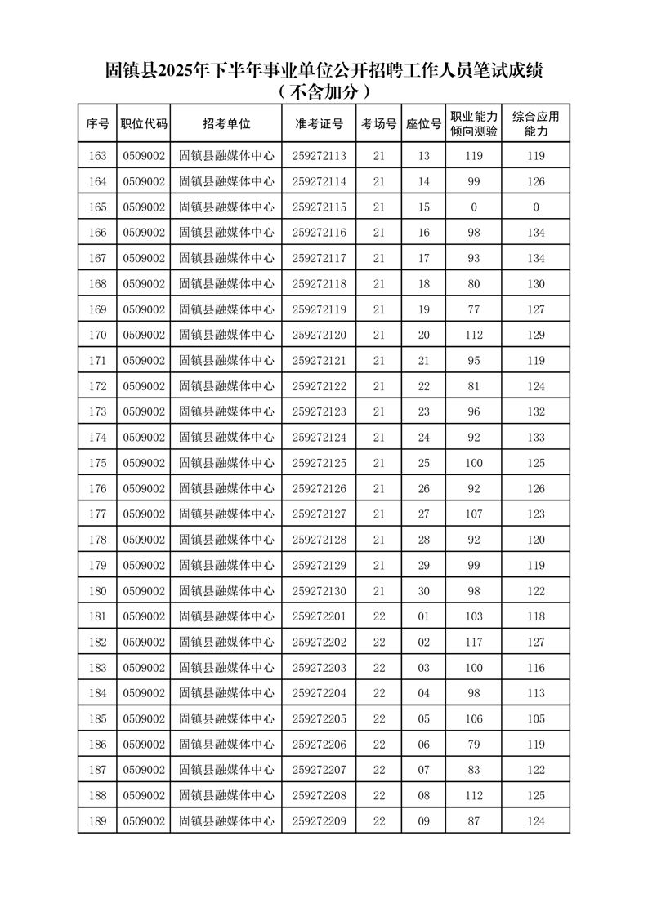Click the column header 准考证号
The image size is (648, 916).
click(320, 124)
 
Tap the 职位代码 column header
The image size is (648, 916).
click(144, 124)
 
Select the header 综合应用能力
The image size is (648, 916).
click(535, 124)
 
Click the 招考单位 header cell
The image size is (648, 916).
click(226, 124)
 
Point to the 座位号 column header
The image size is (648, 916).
click(423, 124)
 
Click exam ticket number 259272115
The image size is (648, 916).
click(320, 207)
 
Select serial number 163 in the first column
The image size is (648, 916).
click(97, 156)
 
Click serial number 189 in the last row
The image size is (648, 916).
click(97, 821)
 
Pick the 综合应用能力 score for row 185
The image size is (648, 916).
click(535, 719)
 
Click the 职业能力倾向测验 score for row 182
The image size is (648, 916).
click(474, 643)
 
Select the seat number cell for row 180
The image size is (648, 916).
click(423, 591)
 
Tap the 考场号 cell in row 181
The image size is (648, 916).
click(378, 616)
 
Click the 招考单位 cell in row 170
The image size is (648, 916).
click(226, 335)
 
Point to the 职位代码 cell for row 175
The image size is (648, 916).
click(144, 463)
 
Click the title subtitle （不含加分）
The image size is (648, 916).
click(324, 91)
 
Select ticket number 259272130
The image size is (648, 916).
click(320, 591)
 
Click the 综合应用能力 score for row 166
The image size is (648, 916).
click(535, 233)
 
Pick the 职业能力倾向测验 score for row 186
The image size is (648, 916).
click(474, 745)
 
